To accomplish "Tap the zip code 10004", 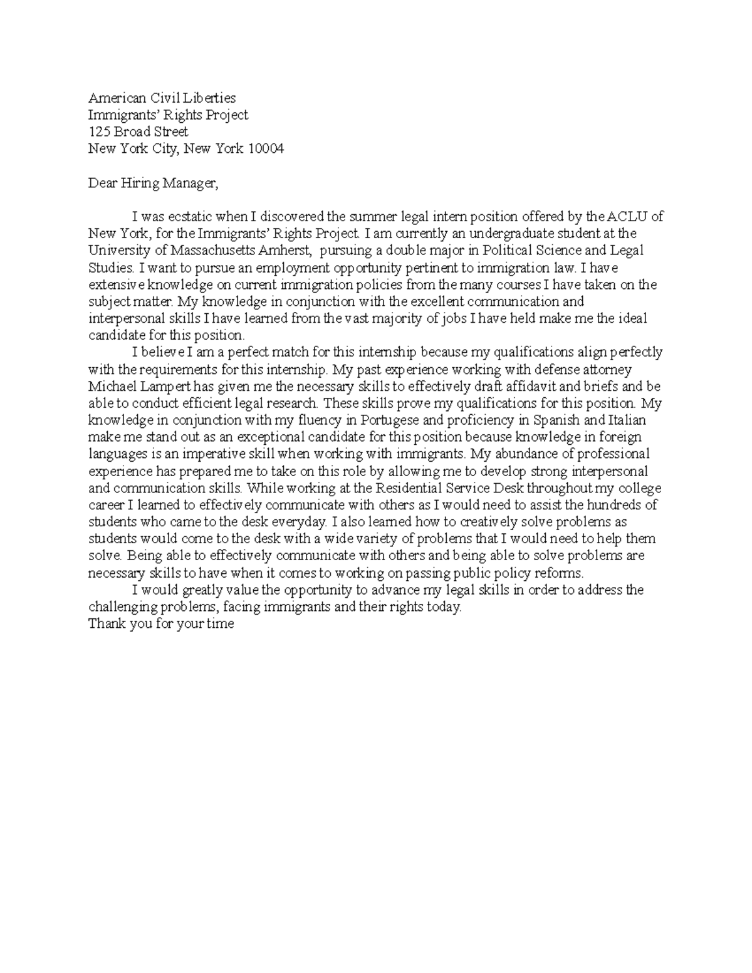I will (266, 148).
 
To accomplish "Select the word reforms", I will (562, 573).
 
